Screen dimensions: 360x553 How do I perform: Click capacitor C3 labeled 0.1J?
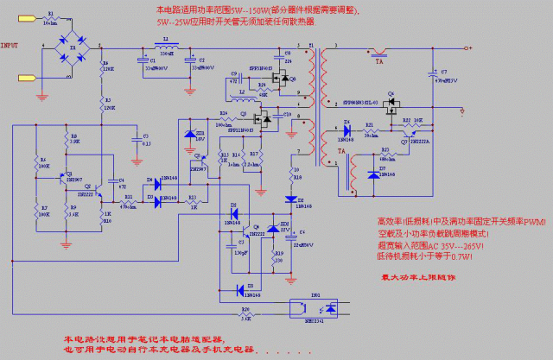(x=135, y=138)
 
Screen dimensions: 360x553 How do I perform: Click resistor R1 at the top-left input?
(x=50, y=19)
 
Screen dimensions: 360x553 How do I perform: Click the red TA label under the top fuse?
(x=379, y=62)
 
